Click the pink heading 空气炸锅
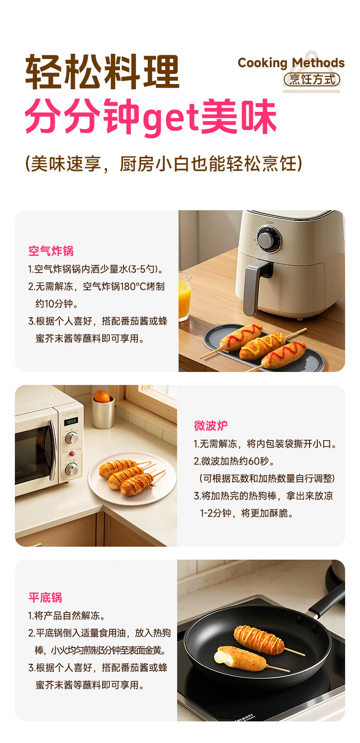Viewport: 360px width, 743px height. (x=51, y=251)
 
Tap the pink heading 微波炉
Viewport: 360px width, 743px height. (x=211, y=425)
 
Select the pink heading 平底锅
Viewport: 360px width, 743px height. (x=45, y=598)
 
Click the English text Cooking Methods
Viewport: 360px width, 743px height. (x=291, y=63)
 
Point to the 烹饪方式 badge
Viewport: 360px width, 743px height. (x=312, y=79)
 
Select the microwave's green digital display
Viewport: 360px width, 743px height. (x=71, y=421)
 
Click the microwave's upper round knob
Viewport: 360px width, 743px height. (x=72, y=437)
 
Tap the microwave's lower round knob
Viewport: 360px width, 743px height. (x=72, y=469)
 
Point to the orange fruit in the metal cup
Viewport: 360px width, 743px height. (x=102, y=396)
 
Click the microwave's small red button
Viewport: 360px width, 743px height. (x=72, y=453)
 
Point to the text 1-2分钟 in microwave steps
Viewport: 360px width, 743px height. (x=216, y=513)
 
